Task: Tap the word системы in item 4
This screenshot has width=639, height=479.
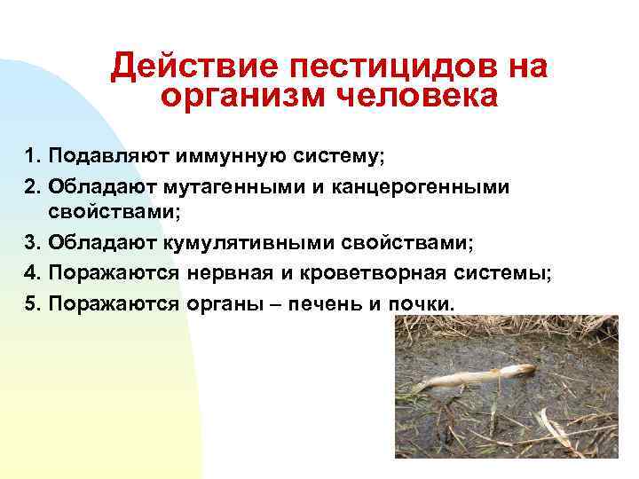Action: point(512,274)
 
